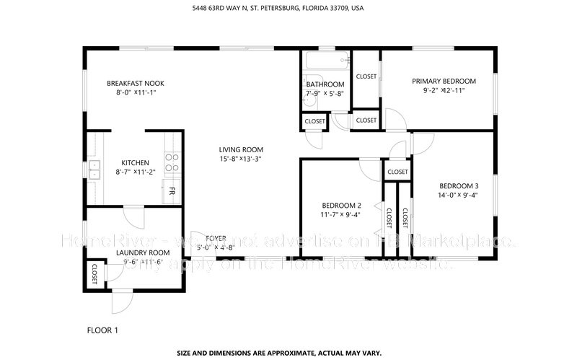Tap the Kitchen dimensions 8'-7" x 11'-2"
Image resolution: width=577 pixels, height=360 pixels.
click(135, 172)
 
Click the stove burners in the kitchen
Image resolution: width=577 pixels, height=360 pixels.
click(172, 162)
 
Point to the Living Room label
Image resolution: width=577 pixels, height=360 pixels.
click(241, 149)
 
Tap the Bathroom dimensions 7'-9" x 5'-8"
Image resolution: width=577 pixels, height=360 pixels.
click(325, 94)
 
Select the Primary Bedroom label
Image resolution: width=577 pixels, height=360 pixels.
click(444, 81)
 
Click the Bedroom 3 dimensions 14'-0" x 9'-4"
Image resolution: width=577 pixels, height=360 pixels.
click(459, 195)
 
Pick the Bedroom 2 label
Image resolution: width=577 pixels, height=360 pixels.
click(340, 205)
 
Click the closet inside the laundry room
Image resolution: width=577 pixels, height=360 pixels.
click(95, 273)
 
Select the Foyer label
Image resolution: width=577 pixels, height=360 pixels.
click(216, 238)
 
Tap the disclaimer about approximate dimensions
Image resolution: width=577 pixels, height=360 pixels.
click(288, 354)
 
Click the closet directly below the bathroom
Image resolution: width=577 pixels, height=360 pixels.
click(314, 121)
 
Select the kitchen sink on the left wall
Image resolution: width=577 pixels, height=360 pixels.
click(94, 170)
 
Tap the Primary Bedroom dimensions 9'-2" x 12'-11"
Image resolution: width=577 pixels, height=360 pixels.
click(444, 91)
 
